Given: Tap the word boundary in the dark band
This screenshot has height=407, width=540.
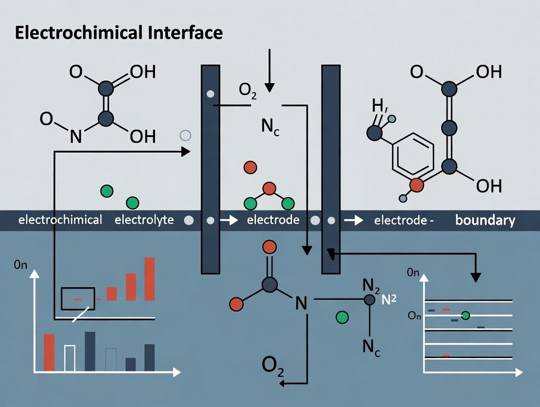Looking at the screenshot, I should tap(485, 220).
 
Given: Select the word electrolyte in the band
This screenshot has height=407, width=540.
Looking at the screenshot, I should tap(144, 220).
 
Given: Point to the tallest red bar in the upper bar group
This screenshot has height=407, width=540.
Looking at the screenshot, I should tap(150, 278).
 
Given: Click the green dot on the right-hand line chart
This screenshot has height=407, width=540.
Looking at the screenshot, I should tap(465, 316).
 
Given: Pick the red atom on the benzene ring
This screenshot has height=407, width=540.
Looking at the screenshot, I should tap(416, 185).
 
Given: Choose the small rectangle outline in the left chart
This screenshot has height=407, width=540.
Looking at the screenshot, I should tap(78, 298).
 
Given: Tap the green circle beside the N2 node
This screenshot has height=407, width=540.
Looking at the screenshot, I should tap(342, 317).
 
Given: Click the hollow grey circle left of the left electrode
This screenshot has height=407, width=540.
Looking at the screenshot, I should tap(185, 136).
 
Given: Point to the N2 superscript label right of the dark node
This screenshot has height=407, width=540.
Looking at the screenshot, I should tap(388, 300).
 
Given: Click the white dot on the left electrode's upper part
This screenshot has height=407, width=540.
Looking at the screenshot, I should tap(210, 93).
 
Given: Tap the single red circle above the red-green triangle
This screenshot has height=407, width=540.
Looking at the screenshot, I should tap(250, 167).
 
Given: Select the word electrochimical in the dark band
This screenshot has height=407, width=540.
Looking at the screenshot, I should tap(60, 220).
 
